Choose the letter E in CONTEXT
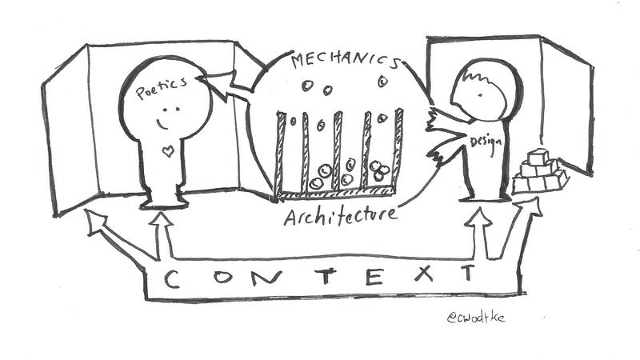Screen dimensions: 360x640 point(374,276)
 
